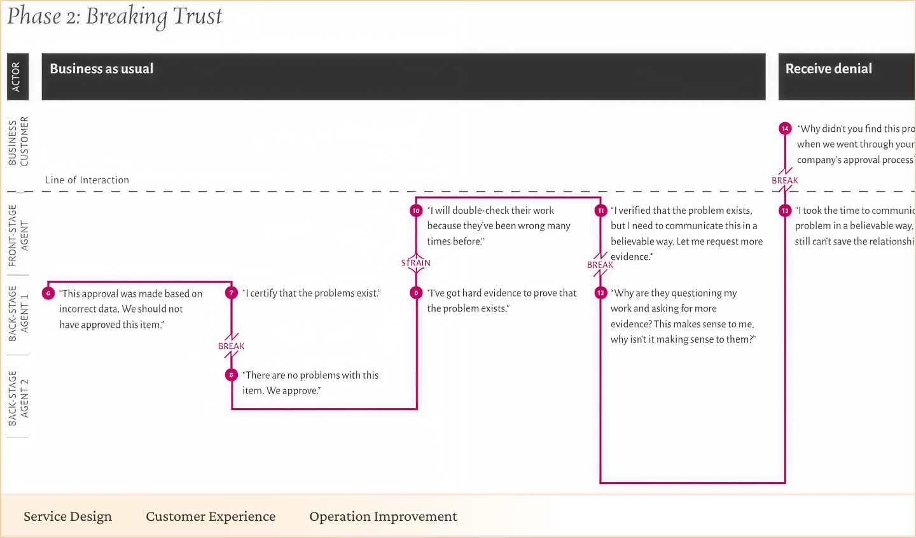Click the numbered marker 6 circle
click(48, 293)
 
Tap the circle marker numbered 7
click(232, 293)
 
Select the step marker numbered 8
click(232, 375)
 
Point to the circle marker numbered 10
click(416, 210)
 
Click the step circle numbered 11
click(600, 210)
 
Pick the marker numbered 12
click(600, 293)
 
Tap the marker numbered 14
click(785, 128)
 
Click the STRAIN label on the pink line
click(416, 263)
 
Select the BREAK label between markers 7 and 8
click(232, 346)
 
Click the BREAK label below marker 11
click(600, 265)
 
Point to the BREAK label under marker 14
click(785, 180)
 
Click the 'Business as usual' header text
click(102, 69)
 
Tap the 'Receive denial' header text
click(828, 69)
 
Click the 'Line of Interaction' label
click(87, 180)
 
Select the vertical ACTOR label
click(17, 76)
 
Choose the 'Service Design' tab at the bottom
click(67, 516)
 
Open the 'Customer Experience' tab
click(211, 516)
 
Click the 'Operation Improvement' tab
click(383, 516)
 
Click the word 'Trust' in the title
click(198, 16)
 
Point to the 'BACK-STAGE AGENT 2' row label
click(18, 398)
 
